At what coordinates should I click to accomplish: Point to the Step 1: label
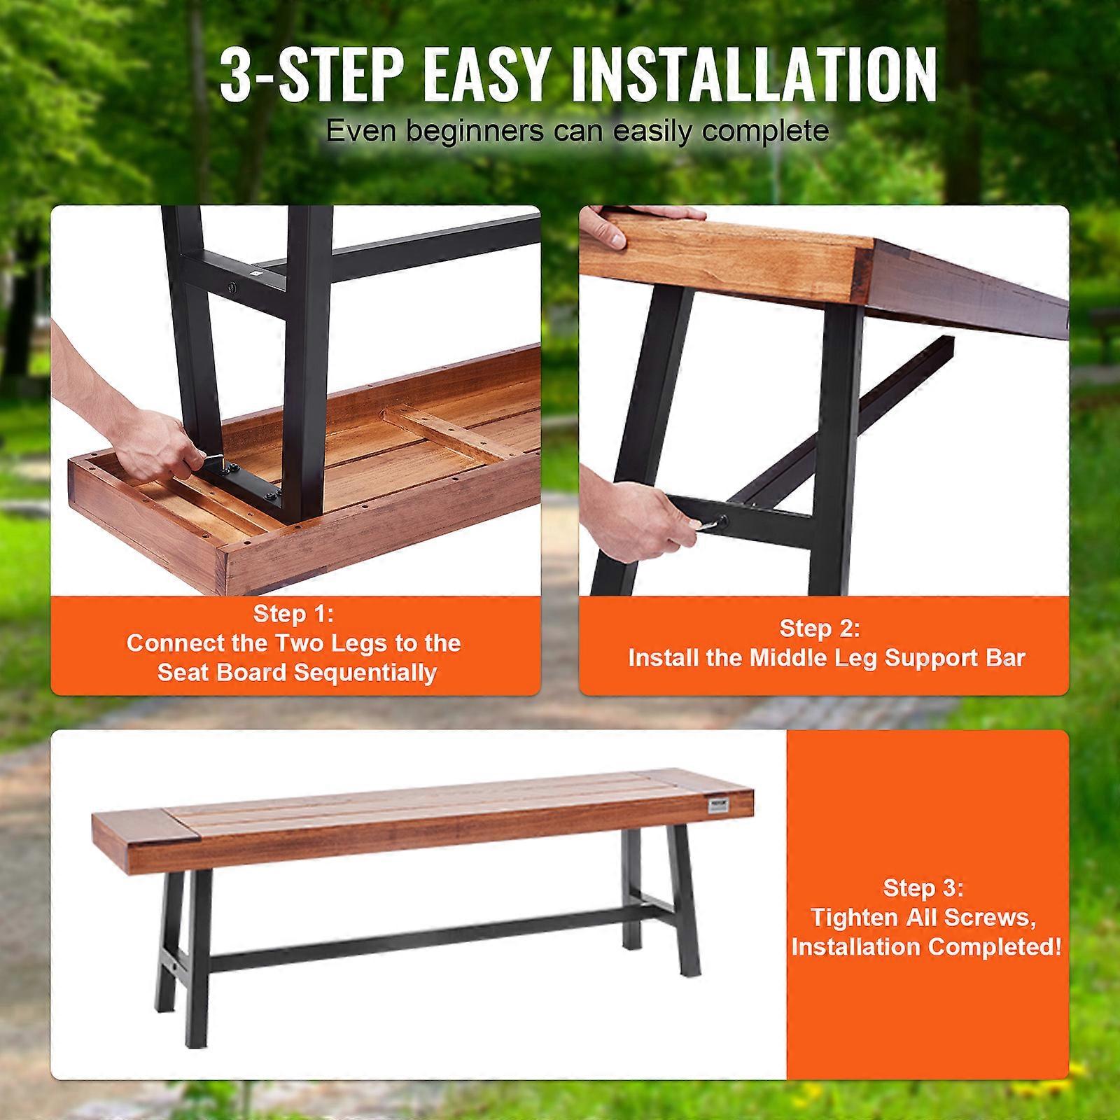pyautogui.click(x=294, y=614)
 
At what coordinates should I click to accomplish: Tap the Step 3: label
pyautogui.click(x=924, y=888)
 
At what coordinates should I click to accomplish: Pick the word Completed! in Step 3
pyautogui.click(x=995, y=946)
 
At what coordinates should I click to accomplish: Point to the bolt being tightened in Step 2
pyautogui.click(x=722, y=521)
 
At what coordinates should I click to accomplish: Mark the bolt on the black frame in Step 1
pyautogui.click(x=232, y=287)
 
